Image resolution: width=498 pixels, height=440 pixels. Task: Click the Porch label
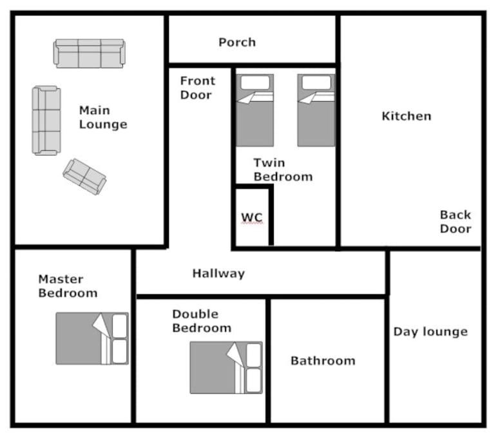[237, 43]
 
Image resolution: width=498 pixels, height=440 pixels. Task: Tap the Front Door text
[198, 88]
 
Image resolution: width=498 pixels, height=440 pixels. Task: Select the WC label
[252, 218]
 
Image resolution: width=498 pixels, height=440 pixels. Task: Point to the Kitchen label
[407, 116]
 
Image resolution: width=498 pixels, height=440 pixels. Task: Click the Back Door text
[455, 222]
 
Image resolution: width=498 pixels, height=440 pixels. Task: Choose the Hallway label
[218, 274]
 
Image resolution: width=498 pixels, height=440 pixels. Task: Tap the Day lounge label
[430, 332]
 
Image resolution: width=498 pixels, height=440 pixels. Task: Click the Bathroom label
[323, 361]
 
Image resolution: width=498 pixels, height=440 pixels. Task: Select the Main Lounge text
[103, 117]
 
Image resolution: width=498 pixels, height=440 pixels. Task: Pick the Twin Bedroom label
[283, 170]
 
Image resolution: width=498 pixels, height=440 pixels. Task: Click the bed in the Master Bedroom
[92, 338]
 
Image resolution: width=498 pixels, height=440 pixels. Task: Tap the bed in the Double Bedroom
[226, 368]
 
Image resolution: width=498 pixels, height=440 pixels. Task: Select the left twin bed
[254, 110]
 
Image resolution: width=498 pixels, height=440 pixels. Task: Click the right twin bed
[316, 110]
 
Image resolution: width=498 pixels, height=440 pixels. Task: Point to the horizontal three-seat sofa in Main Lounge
[90, 53]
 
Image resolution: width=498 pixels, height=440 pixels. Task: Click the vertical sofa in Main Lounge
[46, 120]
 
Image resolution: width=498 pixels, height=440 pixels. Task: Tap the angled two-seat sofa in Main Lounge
[84, 177]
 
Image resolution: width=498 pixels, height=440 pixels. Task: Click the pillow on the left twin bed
[255, 82]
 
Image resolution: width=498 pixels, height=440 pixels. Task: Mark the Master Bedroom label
[68, 286]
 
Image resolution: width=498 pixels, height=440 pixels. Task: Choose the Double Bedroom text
[202, 321]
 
